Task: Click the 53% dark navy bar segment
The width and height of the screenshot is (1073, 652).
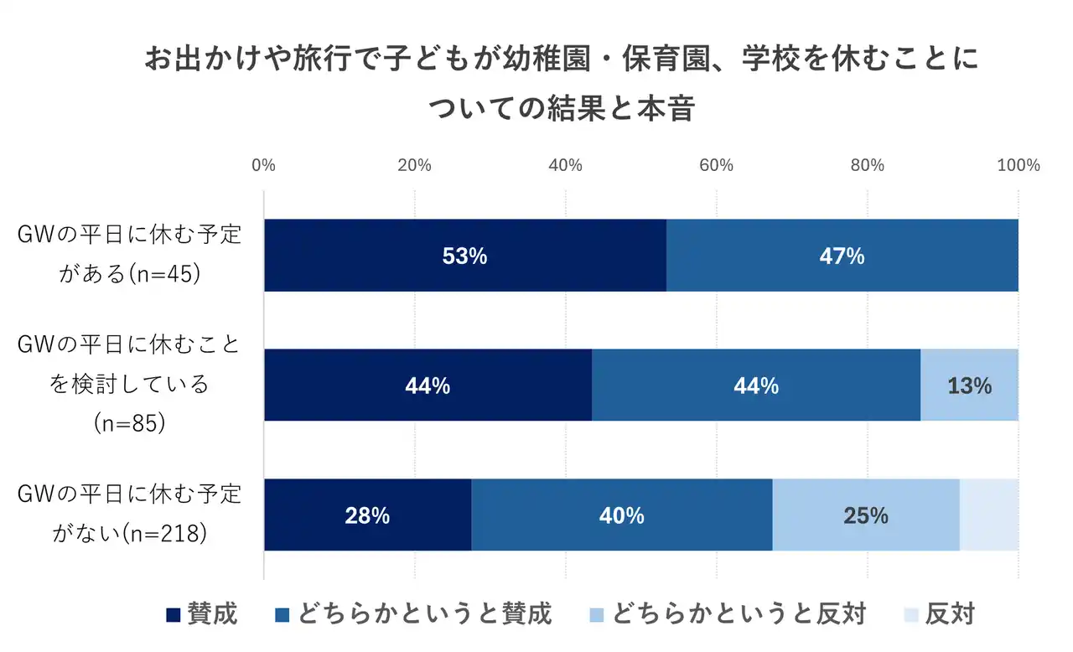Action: click(x=464, y=256)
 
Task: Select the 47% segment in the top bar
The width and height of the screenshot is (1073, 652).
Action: click(x=842, y=256)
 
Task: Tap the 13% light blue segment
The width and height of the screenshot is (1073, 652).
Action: click(x=969, y=386)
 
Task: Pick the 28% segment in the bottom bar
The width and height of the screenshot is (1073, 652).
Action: click(x=367, y=515)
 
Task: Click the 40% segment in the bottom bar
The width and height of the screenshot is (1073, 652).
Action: click(x=621, y=515)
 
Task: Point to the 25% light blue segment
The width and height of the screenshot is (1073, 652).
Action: click(x=865, y=515)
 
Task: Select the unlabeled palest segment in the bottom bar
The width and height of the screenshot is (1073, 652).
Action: click(x=988, y=515)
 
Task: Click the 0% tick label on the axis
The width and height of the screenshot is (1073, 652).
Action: click(x=263, y=165)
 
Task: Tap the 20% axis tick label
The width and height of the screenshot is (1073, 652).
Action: click(x=414, y=165)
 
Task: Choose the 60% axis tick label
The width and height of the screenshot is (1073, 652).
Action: click(x=717, y=165)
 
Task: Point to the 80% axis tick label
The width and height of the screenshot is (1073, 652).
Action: click(x=868, y=165)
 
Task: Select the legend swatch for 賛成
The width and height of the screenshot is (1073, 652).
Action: click(x=174, y=615)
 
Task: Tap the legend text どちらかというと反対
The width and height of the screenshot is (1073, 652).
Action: click(x=739, y=614)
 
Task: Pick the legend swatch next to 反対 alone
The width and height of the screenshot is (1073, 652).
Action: click(x=910, y=615)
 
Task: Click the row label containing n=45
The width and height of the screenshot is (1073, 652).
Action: click(x=130, y=256)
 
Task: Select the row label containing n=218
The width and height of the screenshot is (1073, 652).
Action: click(x=130, y=514)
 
